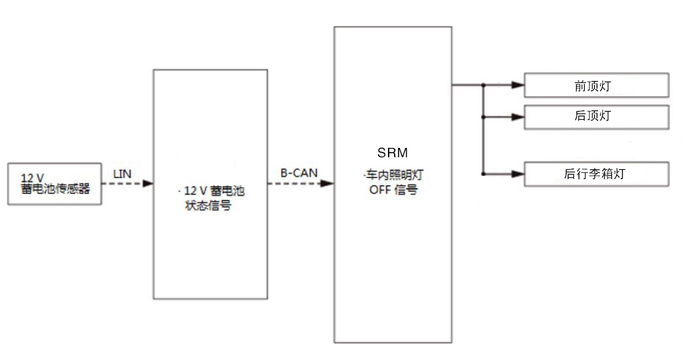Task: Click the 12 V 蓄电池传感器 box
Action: tap(54, 183)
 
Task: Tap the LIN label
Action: tap(122, 174)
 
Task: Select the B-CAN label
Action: tap(298, 173)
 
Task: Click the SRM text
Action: tap(393, 153)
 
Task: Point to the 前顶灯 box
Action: tap(595, 86)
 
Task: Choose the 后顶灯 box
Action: tap(595, 116)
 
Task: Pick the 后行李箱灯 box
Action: tap(595, 174)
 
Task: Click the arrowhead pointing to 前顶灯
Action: tap(517, 86)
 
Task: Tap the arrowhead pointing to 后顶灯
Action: tap(517, 116)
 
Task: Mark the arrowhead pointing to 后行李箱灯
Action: tap(517, 174)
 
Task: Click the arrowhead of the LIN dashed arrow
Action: tap(148, 183)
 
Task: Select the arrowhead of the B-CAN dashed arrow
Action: tap(328, 183)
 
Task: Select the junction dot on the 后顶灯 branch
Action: tap(483, 116)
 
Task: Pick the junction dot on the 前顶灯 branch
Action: tap(483, 86)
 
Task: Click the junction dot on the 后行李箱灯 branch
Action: tap(483, 174)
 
